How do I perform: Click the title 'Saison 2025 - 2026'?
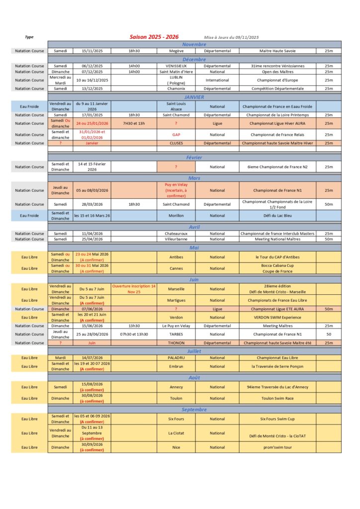[x=154, y=37]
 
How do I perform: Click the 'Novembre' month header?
[x=194, y=44]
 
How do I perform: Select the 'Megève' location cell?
[x=176, y=51]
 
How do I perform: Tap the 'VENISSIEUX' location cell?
[x=176, y=66]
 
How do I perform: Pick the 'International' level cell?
[x=217, y=80]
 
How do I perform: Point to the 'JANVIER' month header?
[x=194, y=97]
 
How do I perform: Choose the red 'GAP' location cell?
[x=176, y=135]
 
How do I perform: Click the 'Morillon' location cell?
[x=176, y=216]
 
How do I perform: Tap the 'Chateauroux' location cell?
[x=176, y=234]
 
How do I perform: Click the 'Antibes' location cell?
[x=176, y=257]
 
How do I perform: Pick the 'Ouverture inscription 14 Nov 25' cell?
[x=134, y=289]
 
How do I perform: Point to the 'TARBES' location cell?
[x=176, y=335]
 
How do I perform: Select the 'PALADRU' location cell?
[x=176, y=357]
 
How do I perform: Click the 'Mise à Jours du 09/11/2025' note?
[x=231, y=38]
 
